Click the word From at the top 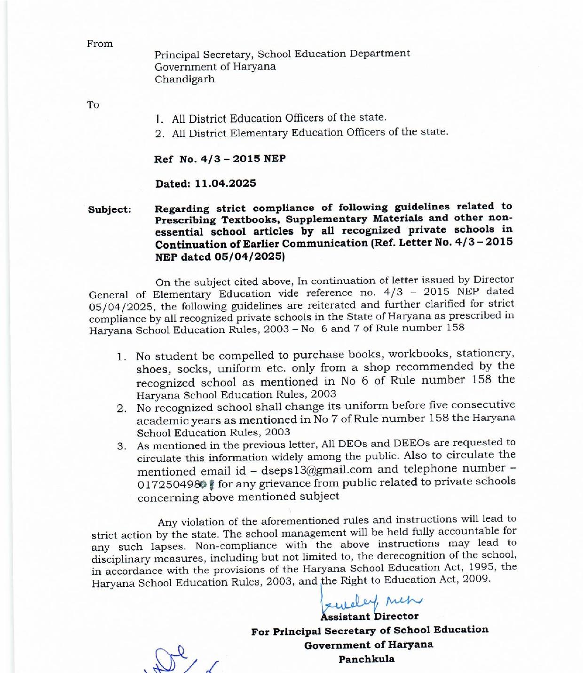[x=100, y=44]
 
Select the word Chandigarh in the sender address [x=185, y=79]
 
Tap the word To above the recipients [x=93, y=105]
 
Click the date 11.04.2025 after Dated [x=225, y=183]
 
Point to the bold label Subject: [x=110, y=210]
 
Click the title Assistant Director [x=369, y=616]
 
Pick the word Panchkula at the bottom [x=367, y=659]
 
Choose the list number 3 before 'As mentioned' [x=121, y=446]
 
